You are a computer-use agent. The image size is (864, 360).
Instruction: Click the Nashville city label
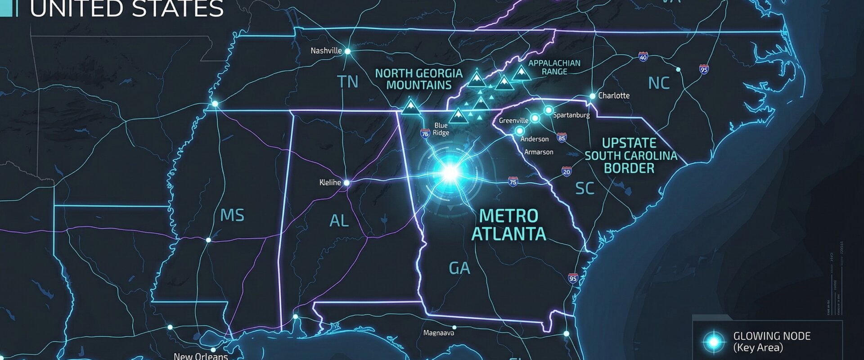[326, 51]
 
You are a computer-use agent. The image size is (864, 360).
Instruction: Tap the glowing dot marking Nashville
[347, 51]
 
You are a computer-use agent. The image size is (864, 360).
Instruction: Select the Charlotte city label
[613, 95]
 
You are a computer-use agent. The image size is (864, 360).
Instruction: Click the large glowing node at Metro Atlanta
[450, 172]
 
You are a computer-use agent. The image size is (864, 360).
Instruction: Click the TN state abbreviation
[348, 82]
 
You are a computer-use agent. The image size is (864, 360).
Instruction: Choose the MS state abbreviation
[232, 215]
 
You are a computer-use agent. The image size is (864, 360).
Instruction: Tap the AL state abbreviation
[339, 221]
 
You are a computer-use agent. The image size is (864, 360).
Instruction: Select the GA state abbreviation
[459, 268]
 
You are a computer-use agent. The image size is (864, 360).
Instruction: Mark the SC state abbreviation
[585, 189]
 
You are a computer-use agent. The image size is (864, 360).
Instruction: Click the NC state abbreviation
[659, 83]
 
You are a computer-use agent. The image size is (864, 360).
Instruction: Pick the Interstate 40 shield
[643, 57]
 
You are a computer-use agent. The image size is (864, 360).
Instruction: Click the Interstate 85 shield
[561, 138]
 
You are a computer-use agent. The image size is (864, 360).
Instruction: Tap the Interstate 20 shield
[567, 171]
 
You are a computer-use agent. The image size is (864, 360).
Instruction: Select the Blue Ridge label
[441, 129]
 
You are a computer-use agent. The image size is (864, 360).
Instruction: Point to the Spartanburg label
[571, 115]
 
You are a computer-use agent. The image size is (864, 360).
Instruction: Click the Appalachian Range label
[554, 67]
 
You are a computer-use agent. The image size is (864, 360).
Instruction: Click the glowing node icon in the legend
[714, 342]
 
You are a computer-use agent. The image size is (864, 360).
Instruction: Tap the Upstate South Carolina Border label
[630, 156]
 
